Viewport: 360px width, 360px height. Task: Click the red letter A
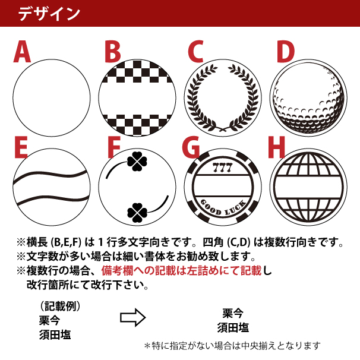pyautogui.click(x=23, y=52)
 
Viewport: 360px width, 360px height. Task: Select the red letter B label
pyautogui.click(x=112, y=52)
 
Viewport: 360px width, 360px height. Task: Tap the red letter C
pyautogui.click(x=196, y=52)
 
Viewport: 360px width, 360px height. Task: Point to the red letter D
pyautogui.click(x=285, y=52)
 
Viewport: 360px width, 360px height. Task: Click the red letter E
pyautogui.click(x=22, y=149)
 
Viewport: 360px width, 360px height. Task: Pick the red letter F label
pyautogui.click(x=111, y=149)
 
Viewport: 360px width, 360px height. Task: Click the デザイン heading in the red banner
pyautogui.click(x=49, y=14)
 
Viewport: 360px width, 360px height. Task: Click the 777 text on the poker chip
pyautogui.click(x=222, y=164)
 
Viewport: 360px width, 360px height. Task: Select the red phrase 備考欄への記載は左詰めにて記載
pyautogui.click(x=182, y=271)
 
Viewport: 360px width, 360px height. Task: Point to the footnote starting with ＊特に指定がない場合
pyautogui.click(x=232, y=345)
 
